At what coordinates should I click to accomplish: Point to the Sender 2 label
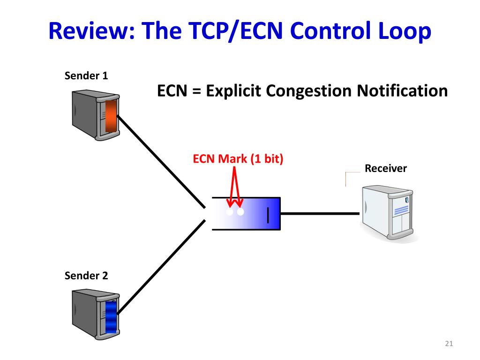(x=86, y=276)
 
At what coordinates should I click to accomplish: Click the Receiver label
(x=386, y=168)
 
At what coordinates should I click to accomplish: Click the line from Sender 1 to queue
(x=162, y=162)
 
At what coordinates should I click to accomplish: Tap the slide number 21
(x=449, y=345)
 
